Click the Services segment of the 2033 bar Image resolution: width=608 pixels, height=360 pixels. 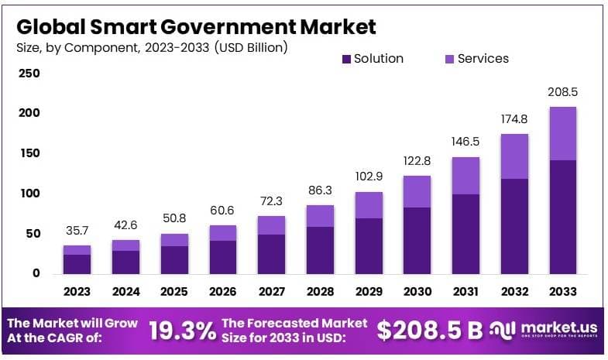click(563, 133)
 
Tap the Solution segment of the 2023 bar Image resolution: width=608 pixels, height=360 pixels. click(77, 264)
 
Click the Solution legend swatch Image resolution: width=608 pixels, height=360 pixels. click(346, 59)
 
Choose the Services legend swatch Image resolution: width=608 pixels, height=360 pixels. click(450, 59)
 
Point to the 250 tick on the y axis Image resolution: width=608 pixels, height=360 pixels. click(29, 74)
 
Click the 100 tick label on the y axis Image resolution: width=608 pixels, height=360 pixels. click(29, 193)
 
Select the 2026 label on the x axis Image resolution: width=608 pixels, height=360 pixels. click(223, 292)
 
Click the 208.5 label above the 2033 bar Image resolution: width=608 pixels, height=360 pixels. click(563, 91)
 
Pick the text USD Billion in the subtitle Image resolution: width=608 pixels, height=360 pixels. click(247, 48)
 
